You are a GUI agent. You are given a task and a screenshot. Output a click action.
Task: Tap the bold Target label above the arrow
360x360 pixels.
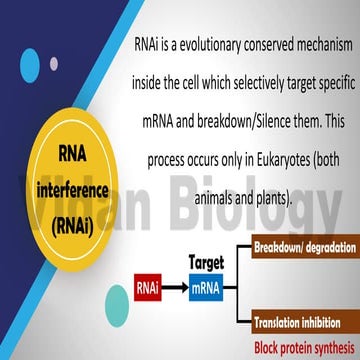206,262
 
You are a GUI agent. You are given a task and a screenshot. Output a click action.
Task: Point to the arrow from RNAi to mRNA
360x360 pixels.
177,289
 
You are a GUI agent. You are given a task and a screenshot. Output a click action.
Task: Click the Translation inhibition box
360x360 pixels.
304,323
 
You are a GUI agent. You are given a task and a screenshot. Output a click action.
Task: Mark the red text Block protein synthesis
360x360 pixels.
304,344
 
